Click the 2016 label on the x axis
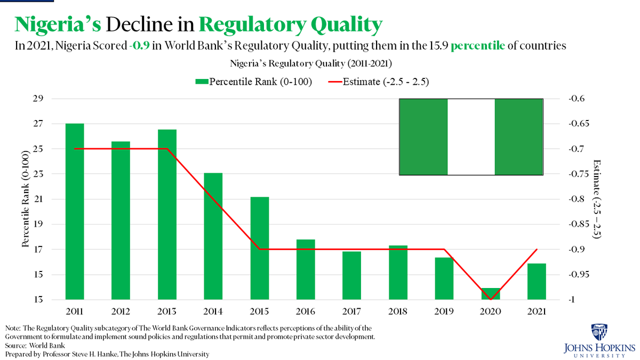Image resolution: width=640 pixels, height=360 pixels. pyautogui.click(x=306, y=311)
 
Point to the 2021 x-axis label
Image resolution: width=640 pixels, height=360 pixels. pyautogui.click(x=537, y=311)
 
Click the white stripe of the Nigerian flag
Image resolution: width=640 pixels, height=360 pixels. pyautogui.click(x=471, y=137)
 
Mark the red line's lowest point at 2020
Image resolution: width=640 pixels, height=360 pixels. pyautogui.click(x=490, y=299)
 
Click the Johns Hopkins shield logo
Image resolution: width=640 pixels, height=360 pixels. pyautogui.click(x=597, y=332)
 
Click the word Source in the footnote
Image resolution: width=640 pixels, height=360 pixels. pyautogui.click(x=17, y=346)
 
